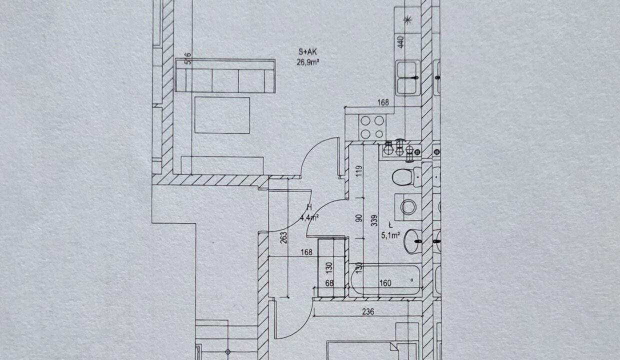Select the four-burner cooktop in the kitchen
coord(372,127)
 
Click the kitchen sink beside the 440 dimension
coord(408,77)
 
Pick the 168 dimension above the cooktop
coord(383,103)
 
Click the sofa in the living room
coord(225,76)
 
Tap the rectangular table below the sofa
coord(222,115)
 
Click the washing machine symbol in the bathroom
coord(408,206)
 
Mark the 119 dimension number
coord(357,172)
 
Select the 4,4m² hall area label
coord(310,217)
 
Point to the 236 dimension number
coord(368,311)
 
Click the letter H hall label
coord(309,207)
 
